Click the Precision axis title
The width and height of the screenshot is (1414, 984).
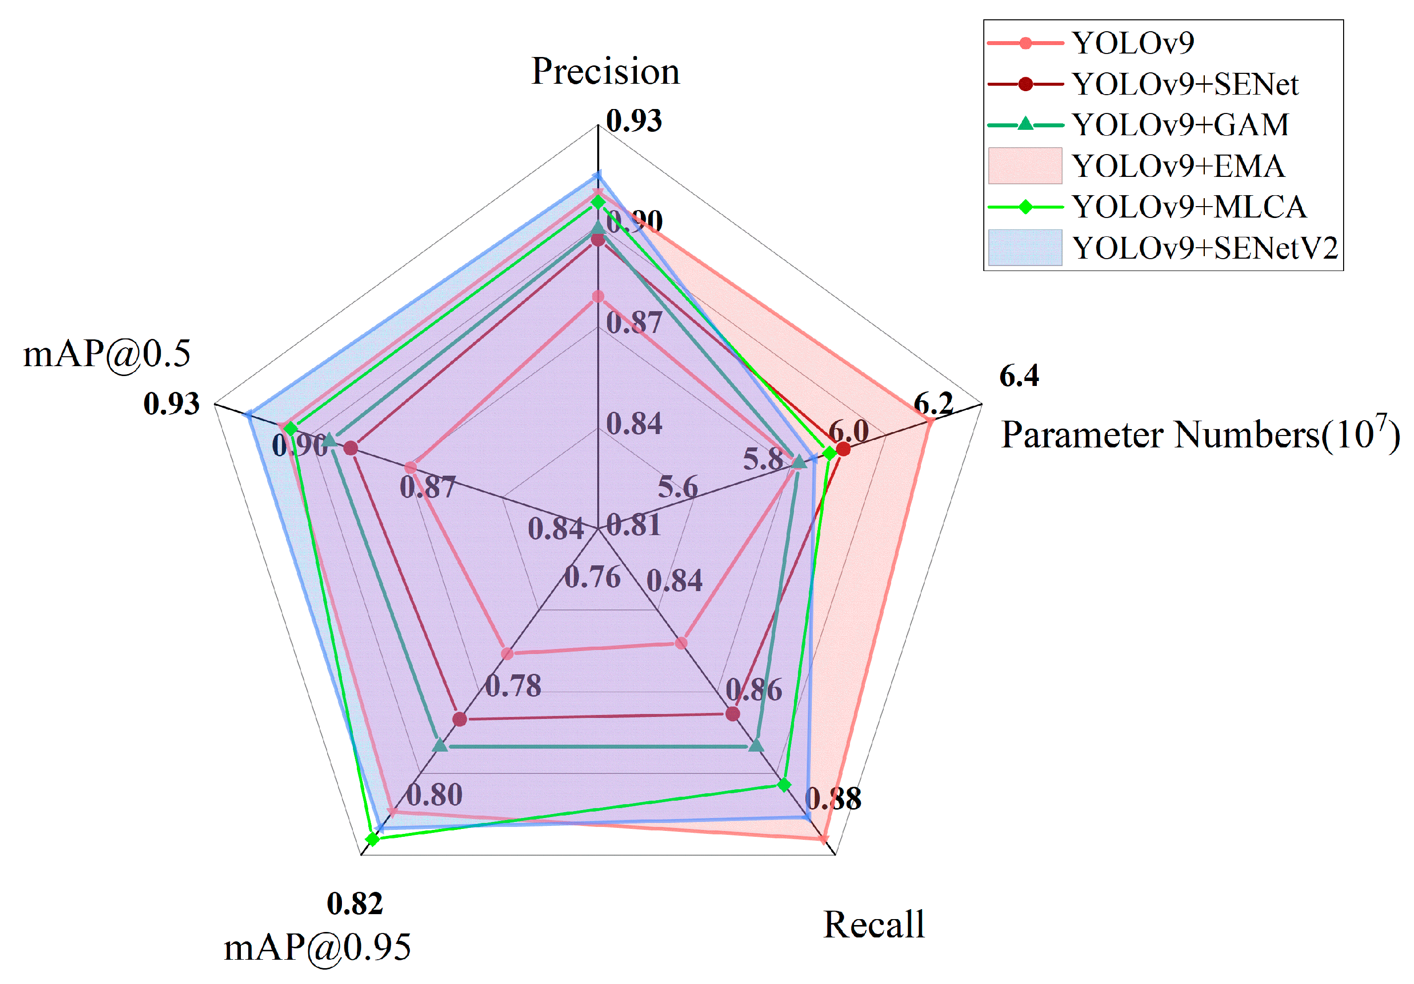(x=605, y=71)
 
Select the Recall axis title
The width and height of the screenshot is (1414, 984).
(x=874, y=924)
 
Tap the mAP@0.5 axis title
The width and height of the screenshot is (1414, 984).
(x=107, y=354)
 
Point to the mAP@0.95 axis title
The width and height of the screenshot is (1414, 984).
(x=317, y=947)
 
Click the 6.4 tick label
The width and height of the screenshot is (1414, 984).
(x=1018, y=376)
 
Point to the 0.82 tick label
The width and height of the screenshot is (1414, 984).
(x=355, y=904)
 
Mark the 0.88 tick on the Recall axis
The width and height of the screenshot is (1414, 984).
(x=833, y=799)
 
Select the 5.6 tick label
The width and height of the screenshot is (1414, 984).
(x=678, y=487)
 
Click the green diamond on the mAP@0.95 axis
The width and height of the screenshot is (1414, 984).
(x=372, y=839)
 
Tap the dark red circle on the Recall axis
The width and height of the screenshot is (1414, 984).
(x=732, y=713)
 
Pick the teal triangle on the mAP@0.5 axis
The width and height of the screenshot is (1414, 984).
(x=330, y=439)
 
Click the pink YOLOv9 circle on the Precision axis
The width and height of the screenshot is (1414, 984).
(x=597, y=297)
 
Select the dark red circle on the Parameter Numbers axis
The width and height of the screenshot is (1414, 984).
(x=843, y=449)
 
